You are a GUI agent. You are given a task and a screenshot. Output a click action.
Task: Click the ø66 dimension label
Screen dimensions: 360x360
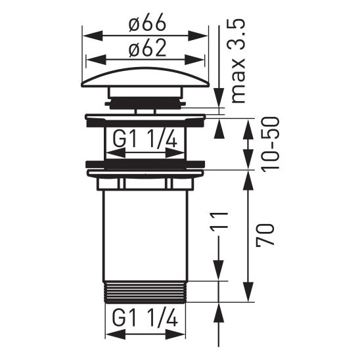point(146,23)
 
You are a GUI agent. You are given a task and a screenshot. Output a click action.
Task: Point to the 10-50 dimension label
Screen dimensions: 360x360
point(270,144)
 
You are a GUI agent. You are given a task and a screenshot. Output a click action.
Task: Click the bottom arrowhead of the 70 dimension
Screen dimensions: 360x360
point(249,296)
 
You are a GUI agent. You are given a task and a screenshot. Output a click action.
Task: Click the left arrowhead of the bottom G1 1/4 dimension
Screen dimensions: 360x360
point(110,334)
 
